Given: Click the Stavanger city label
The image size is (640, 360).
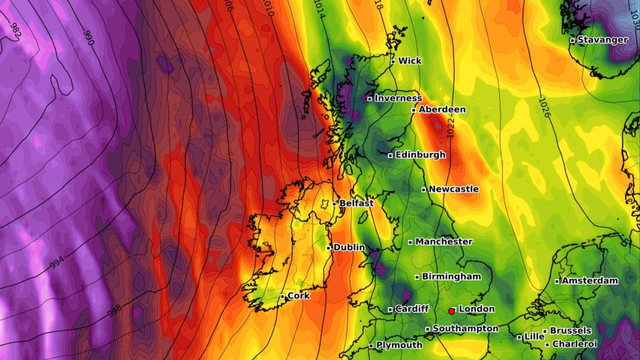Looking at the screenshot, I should pos(602,40).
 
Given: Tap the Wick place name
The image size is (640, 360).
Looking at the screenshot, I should pos(410,61).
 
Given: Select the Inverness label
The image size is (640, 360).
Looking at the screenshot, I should pos(398,98).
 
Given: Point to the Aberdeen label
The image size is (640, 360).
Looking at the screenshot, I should pos(442,110).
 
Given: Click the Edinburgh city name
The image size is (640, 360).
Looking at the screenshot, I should pos(420,155).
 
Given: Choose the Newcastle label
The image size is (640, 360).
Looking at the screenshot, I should pos(453,189).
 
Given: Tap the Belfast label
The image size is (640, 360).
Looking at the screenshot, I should pos(356,204).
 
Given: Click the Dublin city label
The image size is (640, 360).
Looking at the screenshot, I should pos(349,247).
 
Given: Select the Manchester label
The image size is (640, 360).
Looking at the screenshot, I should pos(444,242).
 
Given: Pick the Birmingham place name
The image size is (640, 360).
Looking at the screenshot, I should pos(451,277).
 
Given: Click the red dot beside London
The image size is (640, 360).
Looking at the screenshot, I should pos(451,311).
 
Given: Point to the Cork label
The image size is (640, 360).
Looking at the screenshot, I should pos(299,296).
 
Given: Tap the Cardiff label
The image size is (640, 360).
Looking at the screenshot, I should pos(412,309).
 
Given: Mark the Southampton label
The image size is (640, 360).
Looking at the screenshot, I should pos(465,329).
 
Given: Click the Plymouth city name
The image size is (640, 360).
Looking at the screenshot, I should pos(399,346).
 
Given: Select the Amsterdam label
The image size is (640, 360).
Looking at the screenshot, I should pos(590,281).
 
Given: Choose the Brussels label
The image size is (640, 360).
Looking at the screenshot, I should pos(571,331).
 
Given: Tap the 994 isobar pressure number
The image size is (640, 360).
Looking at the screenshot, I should pos(58,264).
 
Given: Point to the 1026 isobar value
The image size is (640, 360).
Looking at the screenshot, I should pos(545,107).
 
